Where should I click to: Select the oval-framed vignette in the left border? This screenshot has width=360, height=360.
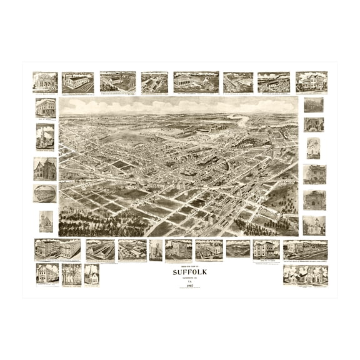(x=45, y=193)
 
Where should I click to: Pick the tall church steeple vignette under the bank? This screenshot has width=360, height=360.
(x=45, y=136)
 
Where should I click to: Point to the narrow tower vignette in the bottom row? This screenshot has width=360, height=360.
(x=156, y=249)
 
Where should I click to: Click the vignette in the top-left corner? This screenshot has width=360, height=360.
(x=45, y=82)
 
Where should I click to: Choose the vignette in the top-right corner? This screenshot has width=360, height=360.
(x=311, y=82)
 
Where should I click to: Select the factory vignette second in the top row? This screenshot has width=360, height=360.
(x=78, y=82)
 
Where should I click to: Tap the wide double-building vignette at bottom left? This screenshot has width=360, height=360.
(x=57, y=249)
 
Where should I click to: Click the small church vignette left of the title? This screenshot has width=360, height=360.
(x=91, y=274)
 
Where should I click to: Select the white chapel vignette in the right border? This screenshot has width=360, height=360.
(x=314, y=148)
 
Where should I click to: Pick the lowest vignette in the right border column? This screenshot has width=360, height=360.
(x=314, y=225)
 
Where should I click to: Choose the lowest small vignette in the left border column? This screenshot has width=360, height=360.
(x=45, y=221)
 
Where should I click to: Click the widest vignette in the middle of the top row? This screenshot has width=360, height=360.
(x=196, y=82)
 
